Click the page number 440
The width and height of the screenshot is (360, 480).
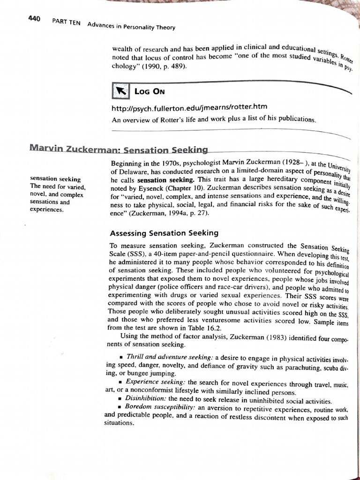click(x=34, y=19)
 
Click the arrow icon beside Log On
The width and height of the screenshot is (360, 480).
click(x=120, y=91)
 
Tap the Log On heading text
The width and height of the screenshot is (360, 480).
click(x=150, y=91)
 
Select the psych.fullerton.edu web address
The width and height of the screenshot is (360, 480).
click(x=189, y=108)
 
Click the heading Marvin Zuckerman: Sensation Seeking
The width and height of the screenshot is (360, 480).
click(x=118, y=150)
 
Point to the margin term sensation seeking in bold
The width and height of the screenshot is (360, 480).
click(x=55, y=179)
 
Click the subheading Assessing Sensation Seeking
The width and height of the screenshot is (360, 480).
click(x=164, y=233)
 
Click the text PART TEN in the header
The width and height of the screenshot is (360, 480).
click(x=66, y=23)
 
